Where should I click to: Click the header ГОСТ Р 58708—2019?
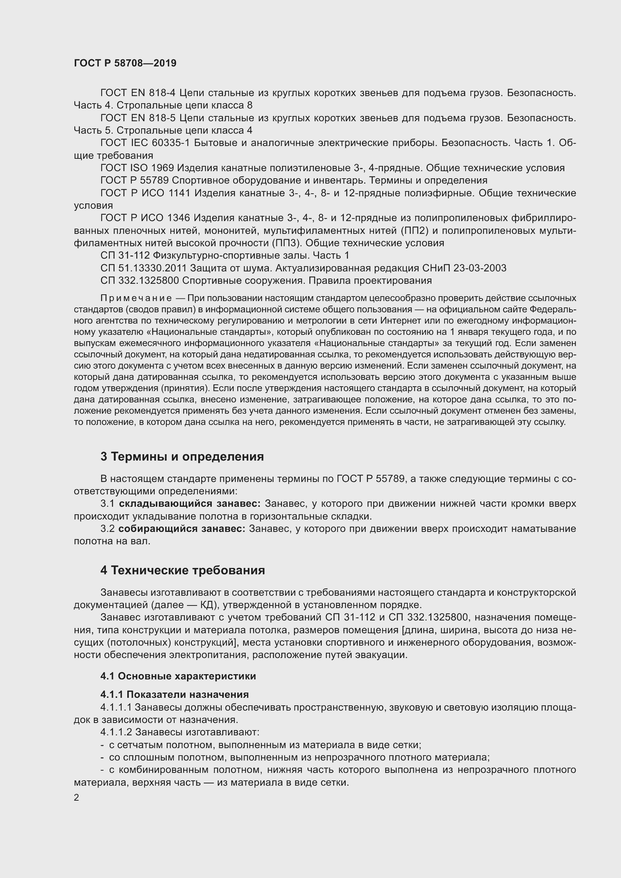[125, 63]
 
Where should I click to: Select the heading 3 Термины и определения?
[182, 456]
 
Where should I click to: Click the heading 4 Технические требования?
[182, 570]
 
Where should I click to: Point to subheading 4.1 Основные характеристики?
[178, 676]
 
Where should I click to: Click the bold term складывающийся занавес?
[190, 504]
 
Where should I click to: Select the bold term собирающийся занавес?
[182, 529]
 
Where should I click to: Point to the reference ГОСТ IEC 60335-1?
[145, 143]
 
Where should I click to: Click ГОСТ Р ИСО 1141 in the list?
[145, 193]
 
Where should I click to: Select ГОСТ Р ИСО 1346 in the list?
[145, 218]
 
